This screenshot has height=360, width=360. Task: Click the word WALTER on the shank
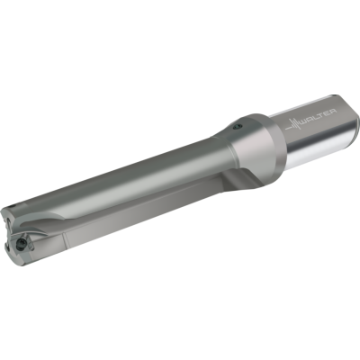point(318,117)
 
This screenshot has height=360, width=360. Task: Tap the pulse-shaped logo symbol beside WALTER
point(292,125)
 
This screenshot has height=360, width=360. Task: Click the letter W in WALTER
point(304,121)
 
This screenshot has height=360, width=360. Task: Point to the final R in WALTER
point(332,112)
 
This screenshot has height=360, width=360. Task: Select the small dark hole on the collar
point(237,127)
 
